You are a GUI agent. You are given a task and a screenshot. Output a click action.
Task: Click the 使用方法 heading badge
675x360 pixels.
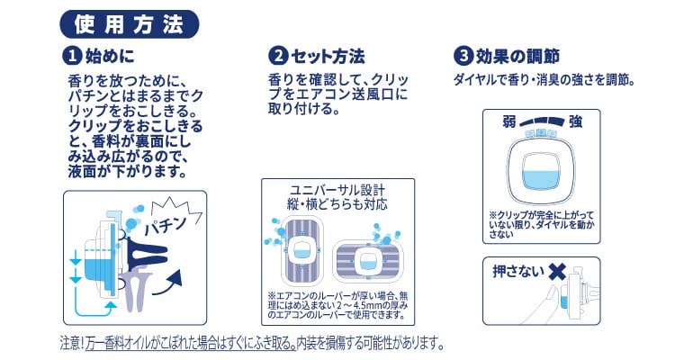[x=129, y=24]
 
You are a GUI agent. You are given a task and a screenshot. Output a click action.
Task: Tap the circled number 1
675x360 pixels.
[x=72, y=56]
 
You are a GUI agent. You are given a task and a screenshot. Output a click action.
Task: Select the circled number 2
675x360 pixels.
[x=278, y=56]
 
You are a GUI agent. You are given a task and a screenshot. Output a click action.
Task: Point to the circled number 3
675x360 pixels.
[x=463, y=56]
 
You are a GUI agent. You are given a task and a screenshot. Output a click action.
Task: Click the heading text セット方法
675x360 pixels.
[x=328, y=57]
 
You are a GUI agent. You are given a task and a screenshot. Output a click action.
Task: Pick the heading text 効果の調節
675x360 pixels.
[x=517, y=57]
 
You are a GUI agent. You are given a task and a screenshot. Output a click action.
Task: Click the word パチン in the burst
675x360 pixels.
[x=166, y=225]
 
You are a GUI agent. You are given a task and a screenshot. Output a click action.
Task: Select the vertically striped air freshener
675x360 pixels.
[x=301, y=250]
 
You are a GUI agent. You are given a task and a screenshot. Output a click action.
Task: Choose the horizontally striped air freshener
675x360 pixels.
[x=367, y=261]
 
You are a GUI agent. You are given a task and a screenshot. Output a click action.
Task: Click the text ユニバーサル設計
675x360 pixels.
[x=337, y=190]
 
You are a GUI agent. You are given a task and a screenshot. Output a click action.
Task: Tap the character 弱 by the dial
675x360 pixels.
[x=509, y=121]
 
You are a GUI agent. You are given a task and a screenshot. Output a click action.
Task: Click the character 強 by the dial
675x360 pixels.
[x=576, y=121]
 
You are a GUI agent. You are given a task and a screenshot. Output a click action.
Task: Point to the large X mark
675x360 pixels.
[x=556, y=272]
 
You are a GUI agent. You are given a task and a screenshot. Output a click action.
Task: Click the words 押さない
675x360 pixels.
[x=518, y=272]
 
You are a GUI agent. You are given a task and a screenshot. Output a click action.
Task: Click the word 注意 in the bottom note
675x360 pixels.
[x=69, y=343]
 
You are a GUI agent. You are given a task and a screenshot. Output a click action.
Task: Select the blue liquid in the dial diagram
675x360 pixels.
[x=541, y=180]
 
